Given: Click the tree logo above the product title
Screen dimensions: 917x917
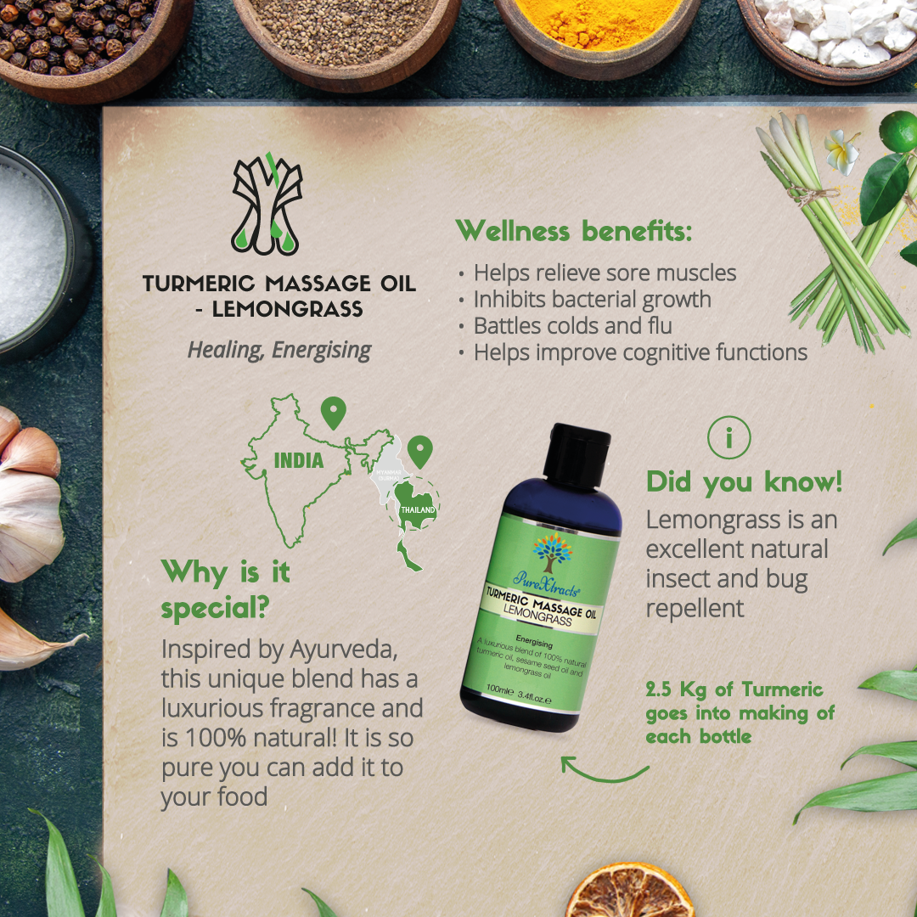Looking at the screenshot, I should click(x=267, y=203).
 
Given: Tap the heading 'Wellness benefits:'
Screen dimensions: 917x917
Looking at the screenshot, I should click(x=574, y=230).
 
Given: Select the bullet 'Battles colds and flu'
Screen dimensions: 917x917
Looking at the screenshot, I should click(x=572, y=325).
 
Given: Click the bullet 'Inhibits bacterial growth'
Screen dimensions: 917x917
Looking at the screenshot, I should click(x=592, y=299).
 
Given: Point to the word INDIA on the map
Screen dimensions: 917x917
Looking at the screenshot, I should click(x=298, y=460).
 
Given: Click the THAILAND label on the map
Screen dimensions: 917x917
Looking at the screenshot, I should click(x=418, y=509).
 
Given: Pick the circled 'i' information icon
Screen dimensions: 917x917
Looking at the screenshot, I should click(x=729, y=438).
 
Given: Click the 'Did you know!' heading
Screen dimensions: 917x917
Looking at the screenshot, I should click(x=744, y=481).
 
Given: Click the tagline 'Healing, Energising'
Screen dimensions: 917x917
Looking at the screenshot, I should click(x=279, y=350).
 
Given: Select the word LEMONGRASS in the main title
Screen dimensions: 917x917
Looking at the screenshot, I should click(x=287, y=309).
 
